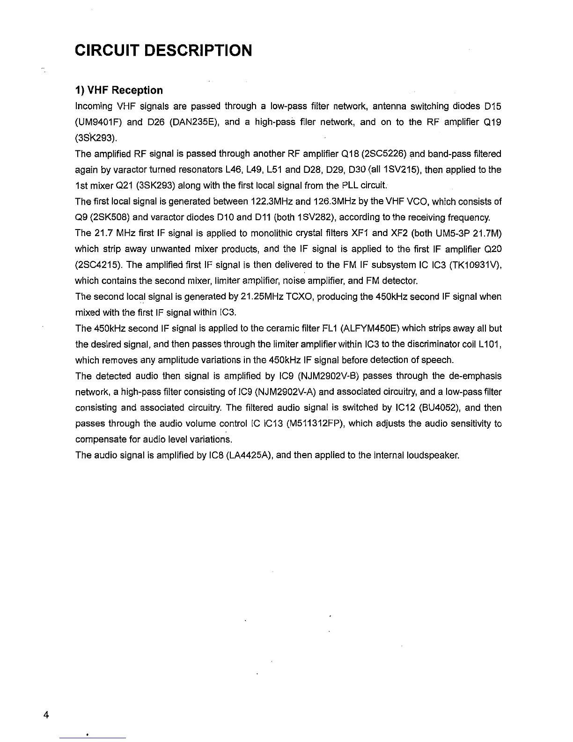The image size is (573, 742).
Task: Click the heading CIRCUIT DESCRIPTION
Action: (x=163, y=50)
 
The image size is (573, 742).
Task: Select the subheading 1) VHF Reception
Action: (x=119, y=90)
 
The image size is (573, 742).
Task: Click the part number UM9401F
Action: (x=98, y=123)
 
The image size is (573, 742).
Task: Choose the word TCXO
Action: (x=299, y=297)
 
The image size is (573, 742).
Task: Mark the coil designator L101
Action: (x=491, y=344)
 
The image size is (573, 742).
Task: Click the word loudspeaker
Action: (x=434, y=455)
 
